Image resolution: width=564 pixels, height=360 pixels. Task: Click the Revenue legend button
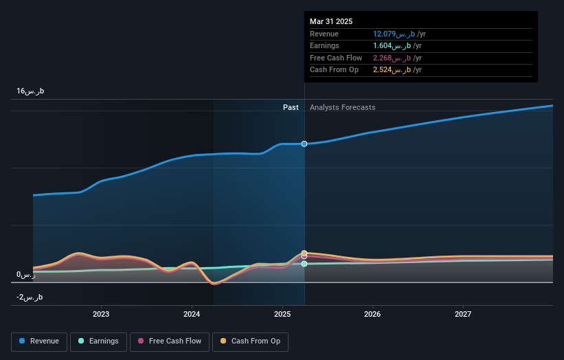point(39,341)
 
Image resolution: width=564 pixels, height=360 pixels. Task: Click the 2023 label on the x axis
point(101,315)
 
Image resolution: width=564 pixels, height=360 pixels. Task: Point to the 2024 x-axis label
point(192,315)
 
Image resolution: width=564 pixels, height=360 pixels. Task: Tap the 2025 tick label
point(282,315)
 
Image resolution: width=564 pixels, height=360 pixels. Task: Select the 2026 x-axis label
point(372,315)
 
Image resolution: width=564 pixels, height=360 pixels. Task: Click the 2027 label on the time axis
point(463,315)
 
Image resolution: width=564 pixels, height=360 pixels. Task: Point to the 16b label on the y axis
point(30,91)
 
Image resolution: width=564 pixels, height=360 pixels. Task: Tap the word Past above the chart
point(291,107)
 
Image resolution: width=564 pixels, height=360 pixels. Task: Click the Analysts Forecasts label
point(342,107)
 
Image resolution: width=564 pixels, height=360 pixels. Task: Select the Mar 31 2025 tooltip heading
point(331,21)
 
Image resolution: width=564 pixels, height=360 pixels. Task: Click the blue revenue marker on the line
point(304,144)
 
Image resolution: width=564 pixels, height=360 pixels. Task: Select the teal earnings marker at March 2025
point(304,264)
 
